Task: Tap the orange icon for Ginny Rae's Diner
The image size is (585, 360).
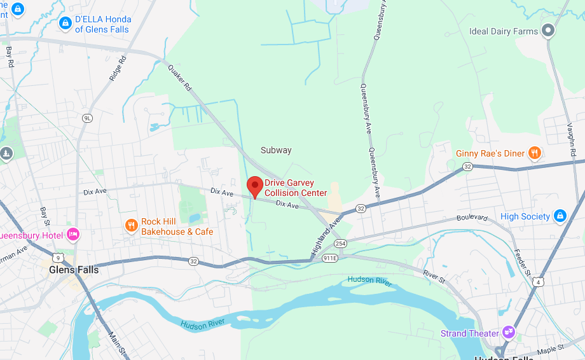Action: click(x=535, y=153)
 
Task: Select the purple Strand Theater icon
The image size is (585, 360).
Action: click(x=508, y=332)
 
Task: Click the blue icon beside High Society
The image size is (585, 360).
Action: click(x=560, y=216)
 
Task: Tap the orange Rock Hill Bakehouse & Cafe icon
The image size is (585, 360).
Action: click(x=132, y=226)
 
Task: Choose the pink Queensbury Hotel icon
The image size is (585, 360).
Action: click(x=73, y=235)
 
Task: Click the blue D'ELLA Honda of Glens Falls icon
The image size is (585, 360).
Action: click(x=65, y=24)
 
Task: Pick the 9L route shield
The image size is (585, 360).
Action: click(x=87, y=118)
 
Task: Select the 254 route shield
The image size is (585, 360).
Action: click(x=341, y=244)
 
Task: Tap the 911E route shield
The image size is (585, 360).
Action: click(x=330, y=258)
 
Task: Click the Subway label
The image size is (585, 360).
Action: click(x=276, y=151)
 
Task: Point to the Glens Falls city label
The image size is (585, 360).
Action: click(x=74, y=270)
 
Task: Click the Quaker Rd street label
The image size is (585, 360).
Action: click(x=179, y=79)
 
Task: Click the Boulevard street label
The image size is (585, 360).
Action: click(x=472, y=218)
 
